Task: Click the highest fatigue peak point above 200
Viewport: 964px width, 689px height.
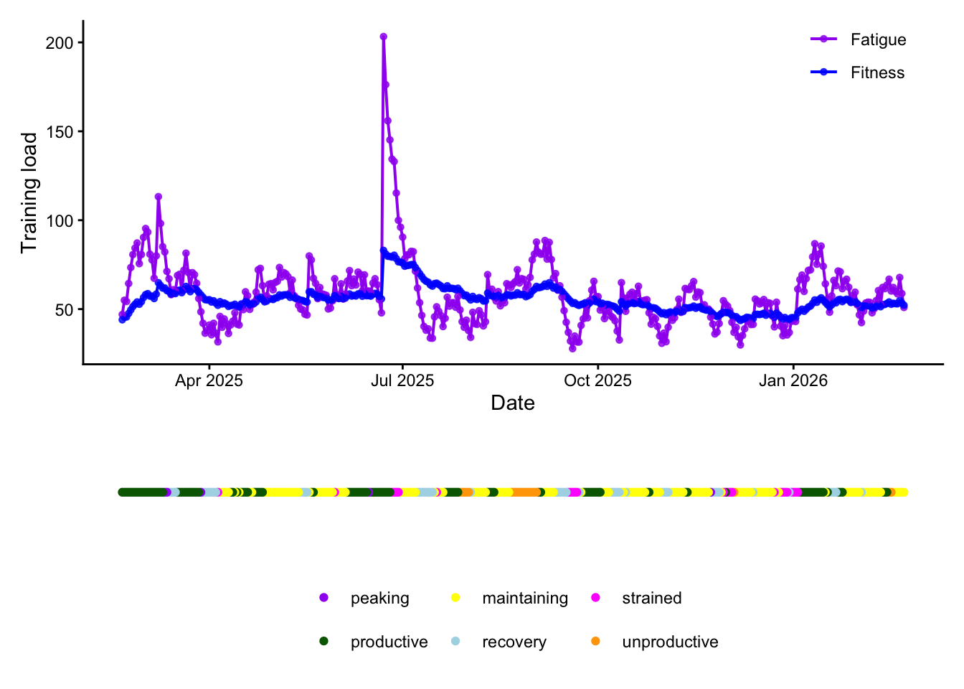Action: coord(384,37)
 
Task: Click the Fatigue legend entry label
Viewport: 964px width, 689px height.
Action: coord(878,40)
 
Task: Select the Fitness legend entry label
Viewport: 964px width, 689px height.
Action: coord(877,73)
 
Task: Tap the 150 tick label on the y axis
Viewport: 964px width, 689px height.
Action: coord(60,132)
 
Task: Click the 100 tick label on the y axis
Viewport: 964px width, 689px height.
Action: coord(60,221)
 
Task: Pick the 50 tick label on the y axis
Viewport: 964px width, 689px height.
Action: coord(64,310)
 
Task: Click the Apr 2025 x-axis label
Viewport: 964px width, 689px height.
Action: coord(209,381)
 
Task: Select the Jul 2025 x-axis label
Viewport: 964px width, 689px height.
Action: coord(402,381)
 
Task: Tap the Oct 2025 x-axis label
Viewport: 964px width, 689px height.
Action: coord(597,381)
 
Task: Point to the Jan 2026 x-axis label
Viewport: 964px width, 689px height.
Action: coord(793,381)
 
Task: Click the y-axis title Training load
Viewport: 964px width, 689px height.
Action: coord(29,192)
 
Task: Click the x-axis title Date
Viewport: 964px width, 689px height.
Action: coord(513,403)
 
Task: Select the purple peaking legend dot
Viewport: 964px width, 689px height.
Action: coord(324,598)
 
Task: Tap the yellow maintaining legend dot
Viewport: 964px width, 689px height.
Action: coord(455,598)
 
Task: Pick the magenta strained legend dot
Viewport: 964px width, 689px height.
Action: coord(595,598)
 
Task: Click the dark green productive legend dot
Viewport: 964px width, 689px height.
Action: coord(324,642)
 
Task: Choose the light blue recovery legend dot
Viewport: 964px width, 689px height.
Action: coord(455,642)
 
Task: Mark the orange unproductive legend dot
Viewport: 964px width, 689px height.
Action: coord(595,642)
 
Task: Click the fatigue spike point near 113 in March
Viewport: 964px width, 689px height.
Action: coord(159,197)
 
